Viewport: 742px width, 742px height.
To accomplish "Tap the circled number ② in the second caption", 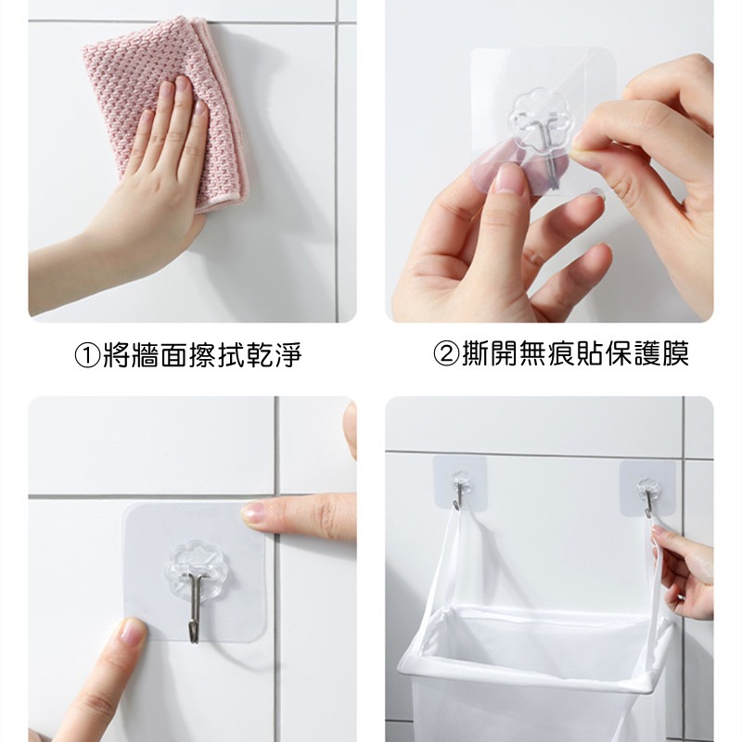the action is [x=446, y=354].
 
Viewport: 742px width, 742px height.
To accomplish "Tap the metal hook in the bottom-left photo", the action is [x=195, y=608].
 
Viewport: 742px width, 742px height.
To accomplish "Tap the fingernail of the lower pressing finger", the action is [x=130, y=633].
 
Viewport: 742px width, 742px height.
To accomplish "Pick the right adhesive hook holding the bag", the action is [x=646, y=488].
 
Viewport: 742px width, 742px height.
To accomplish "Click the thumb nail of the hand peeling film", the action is [x=507, y=177].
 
